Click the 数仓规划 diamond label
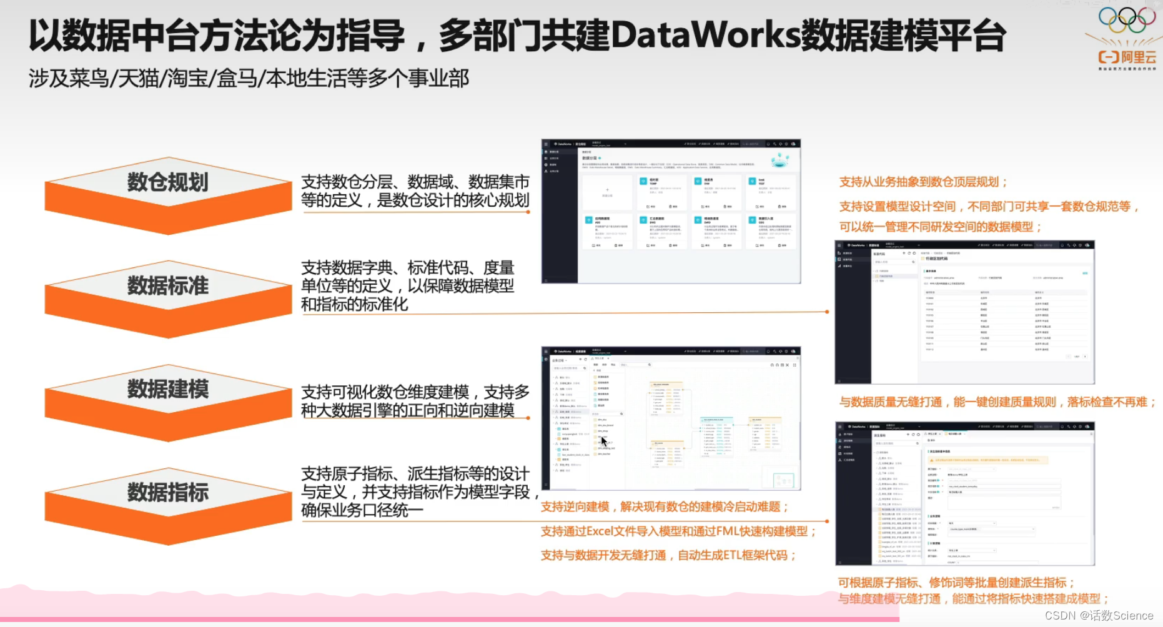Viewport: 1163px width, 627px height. coord(167,182)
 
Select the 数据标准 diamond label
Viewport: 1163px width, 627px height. coord(167,286)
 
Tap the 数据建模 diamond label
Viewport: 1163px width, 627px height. coord(167,389)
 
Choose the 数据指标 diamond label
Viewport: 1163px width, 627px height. coord(167,493)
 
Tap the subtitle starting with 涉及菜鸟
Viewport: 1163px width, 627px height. coord(249,79)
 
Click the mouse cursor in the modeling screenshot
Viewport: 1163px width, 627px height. coord(604,441)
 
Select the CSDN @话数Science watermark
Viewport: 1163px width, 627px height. coord(1099,616)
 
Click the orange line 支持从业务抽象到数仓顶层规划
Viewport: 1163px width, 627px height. coord(923,182)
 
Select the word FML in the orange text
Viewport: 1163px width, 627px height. coord(728,531)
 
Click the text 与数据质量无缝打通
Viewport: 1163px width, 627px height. coord(890,402)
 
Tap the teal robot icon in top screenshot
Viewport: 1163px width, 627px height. coord(779,160)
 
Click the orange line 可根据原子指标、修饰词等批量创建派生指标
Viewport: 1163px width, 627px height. coord(956,583)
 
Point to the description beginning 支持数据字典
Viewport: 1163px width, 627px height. coord(407,286)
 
